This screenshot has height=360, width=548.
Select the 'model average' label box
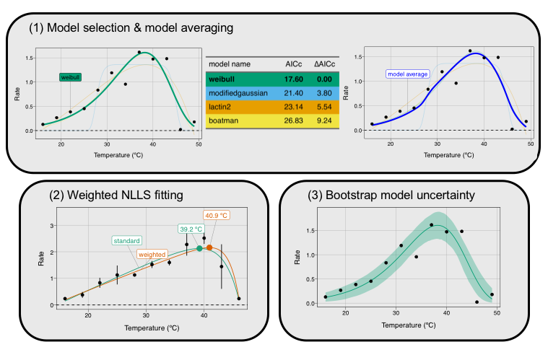pyautogui.click(x=408, y=74)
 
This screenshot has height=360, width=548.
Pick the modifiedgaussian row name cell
pyautogui.click(x=239, y=95)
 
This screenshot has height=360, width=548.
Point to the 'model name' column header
pyautogui.click(x=230, y=63)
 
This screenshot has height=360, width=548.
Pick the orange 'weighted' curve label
pyautogui.click(x=152, y=253)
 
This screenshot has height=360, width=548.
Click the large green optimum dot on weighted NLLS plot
pyautogui.click(x=199, y=248)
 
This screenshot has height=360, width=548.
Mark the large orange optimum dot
pyautogui.click(x=209, y=247)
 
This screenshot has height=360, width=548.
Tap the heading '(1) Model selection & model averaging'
pyautogui.click(x=131, y=28)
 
